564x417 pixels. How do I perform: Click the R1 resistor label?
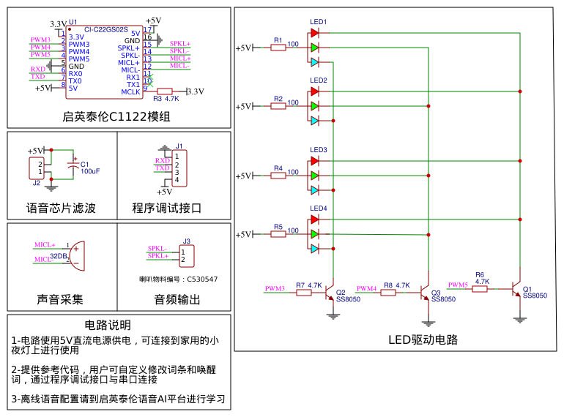click(x=278, y=40)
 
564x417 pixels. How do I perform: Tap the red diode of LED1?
click(x=314, y=32)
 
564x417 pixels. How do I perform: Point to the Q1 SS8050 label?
click(x=535, y=296)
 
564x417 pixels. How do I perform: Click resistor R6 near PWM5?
click(x=480, y=289)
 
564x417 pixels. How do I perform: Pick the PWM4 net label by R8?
click(x=366, y=289)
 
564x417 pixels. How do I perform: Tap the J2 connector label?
click(x=37, y=183)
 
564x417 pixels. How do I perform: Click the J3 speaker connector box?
click(x=187, y=255)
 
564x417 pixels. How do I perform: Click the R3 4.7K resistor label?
click(x=166, y=98)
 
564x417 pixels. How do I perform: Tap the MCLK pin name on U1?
click(x=130, y=91)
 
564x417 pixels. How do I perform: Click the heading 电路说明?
click(x=108, y=325)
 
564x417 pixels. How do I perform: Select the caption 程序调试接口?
click(x=166, y=208)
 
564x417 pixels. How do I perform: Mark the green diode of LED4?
click(x=314, y=234)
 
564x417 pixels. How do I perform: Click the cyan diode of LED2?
click(x=314, y=121)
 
